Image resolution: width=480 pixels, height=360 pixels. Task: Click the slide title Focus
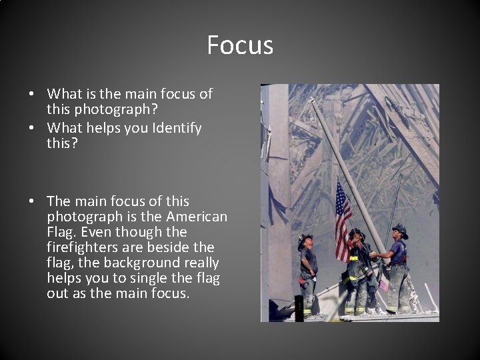[240, 45]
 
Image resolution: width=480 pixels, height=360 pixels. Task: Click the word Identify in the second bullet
[176, 128]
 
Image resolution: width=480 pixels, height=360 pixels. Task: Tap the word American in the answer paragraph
[197, 217]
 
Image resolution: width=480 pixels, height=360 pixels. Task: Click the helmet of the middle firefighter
[357, 233]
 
